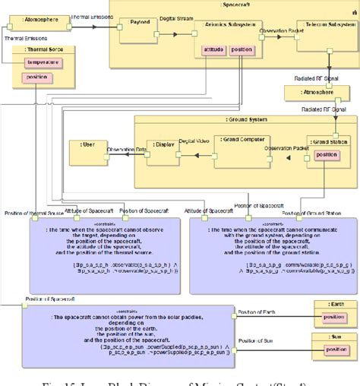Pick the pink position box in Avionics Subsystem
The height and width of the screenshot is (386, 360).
coord(242,50)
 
